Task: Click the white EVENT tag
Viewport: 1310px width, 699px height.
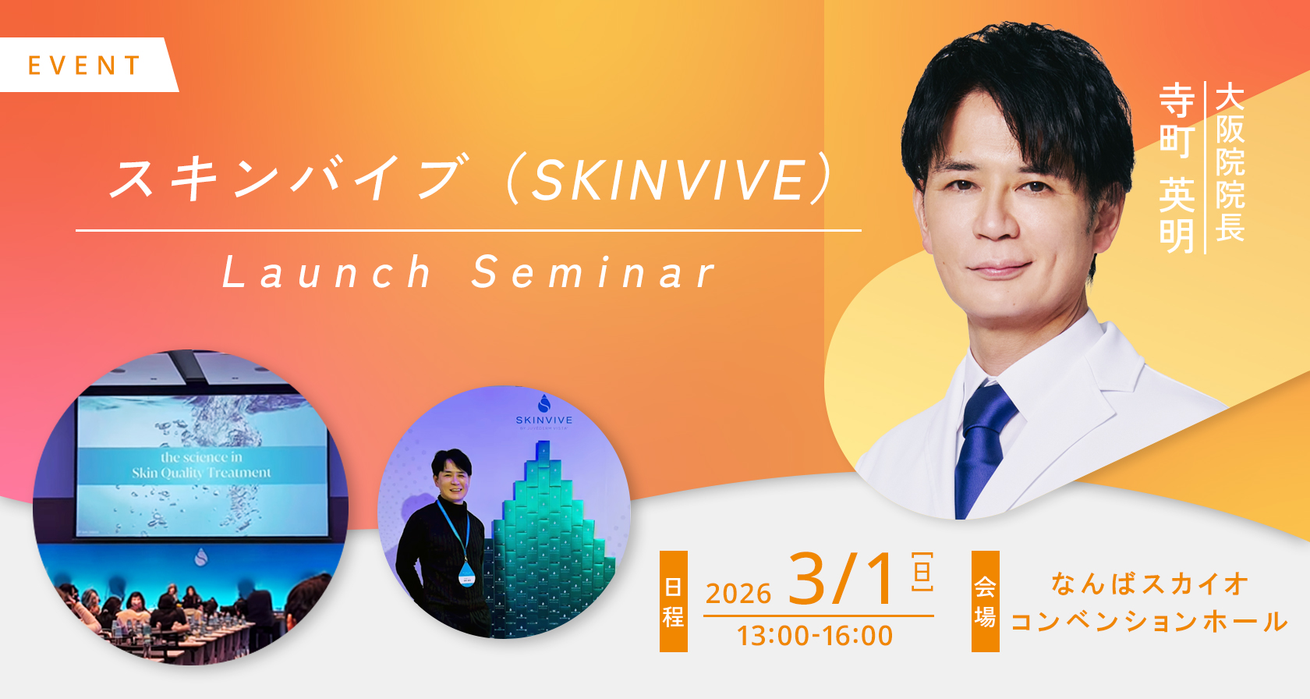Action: pos(87,65)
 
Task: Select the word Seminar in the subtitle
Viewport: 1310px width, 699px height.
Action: pos(594,272)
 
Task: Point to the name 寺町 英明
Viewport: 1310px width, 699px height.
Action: pos(1177,168)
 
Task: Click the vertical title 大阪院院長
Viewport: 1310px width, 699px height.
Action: pos(1229,162)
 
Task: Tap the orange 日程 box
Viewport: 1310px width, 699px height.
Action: pos(673,601)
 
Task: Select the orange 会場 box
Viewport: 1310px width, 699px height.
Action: pos(985,601)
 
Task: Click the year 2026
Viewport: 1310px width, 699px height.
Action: pos(738,594)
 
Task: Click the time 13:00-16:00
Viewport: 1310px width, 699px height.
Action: pos(815,636)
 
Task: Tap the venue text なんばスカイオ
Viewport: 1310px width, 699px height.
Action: pos(1149,584)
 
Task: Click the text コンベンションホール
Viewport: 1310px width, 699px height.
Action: pos(1149,622)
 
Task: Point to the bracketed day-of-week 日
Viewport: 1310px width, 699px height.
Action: pos(922,572)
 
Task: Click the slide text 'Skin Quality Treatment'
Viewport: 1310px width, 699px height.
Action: pos(201,473)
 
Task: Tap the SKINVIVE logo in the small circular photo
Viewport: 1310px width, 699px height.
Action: pos(544,413)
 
